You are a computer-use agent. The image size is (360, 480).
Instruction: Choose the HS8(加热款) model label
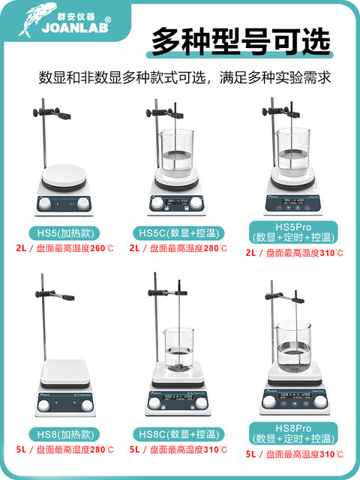(x=61, y=433)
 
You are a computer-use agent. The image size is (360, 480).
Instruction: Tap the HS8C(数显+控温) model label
(x=178, y=433)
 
